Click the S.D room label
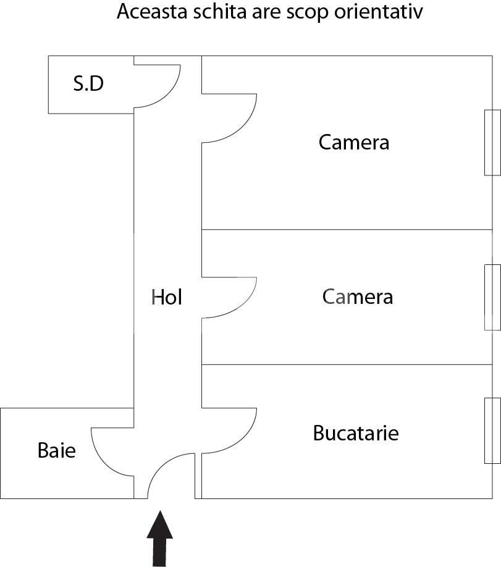[88, 83]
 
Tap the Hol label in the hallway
[166, 297]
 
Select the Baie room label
[57, 450]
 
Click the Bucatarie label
[356, 433]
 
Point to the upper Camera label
[354, 142]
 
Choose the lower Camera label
[358, 297]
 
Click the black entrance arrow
[159, 539]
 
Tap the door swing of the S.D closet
[157, 86]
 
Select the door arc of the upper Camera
[229, 118]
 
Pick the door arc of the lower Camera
[229, 298]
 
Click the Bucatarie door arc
[229, 430]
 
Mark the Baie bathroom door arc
[112, 452]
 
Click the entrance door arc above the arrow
[172, 476]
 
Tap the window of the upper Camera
[492, 143]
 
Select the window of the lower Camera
[492, 297]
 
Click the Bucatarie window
[492, 430]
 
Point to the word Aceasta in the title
[153, 12]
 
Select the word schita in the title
[216, 12]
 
